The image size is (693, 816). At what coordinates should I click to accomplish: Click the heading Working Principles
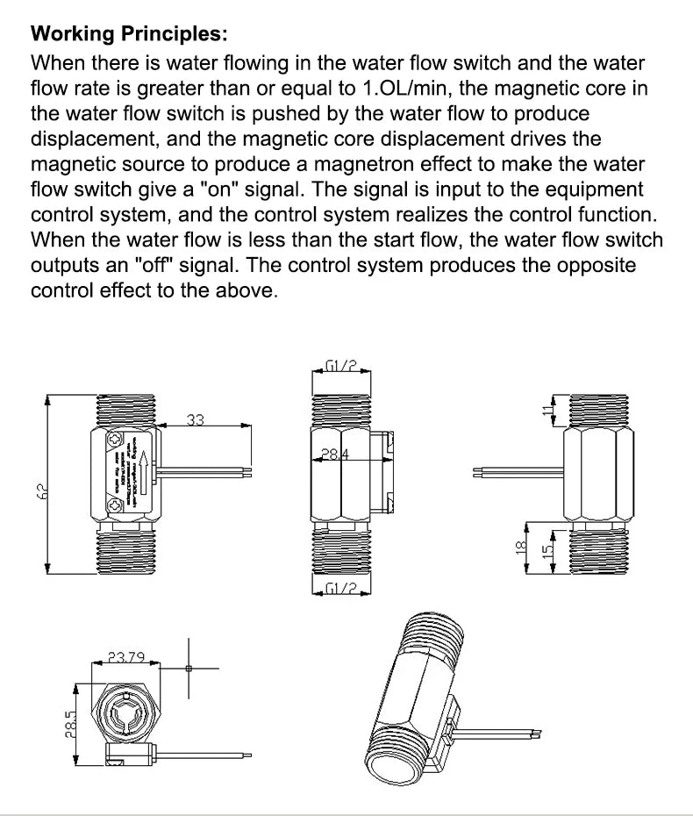pos(129,35)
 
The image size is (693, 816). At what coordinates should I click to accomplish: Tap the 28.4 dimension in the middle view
pos(335,455)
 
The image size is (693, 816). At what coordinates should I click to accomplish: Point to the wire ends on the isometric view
pos(537,731)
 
